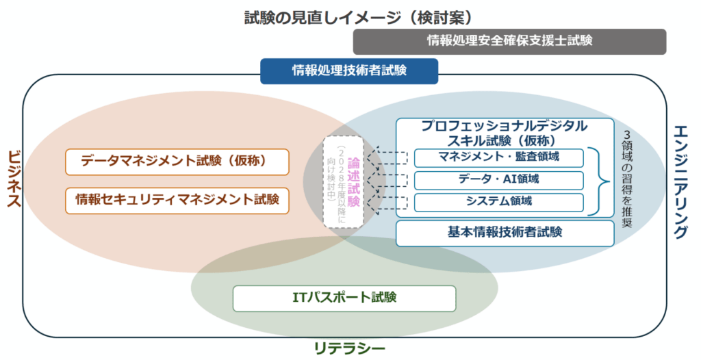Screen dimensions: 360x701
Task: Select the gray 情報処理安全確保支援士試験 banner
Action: click(509, 41)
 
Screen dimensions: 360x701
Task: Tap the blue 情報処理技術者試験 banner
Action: click(349, 70)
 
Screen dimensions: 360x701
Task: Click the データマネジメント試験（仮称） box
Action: click(177, 162)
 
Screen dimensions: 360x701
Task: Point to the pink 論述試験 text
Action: click(354, 182)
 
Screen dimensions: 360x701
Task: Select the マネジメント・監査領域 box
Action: click(498, 157)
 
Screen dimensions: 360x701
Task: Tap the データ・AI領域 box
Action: click(498, 180)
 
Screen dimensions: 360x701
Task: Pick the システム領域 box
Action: click(498, 202)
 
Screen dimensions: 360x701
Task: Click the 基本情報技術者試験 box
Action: click(505, 232)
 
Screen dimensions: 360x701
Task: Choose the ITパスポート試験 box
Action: click(344, 298)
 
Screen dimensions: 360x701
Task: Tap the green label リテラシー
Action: click(349, 348)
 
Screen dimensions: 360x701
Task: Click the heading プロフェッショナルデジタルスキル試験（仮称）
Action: click(504, 133)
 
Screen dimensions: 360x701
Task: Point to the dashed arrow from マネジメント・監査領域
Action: click(392, 159)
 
